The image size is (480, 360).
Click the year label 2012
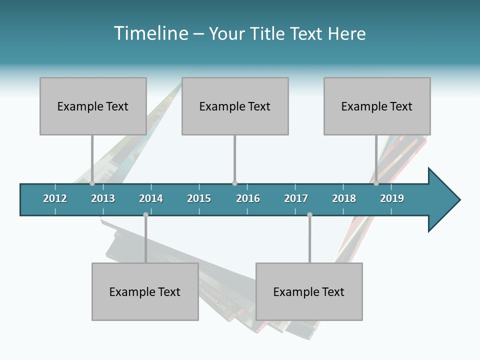point(55,198)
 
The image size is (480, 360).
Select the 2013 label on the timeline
point(103,198)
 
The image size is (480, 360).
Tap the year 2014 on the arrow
point(151,198)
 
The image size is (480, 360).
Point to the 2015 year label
point(199,198)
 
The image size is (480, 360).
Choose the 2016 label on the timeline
point(248,198)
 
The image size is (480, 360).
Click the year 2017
point(296,198)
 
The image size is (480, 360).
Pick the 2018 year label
point(344,198)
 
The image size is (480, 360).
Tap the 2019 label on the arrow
point(392,198)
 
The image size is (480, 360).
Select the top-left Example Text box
point(93,106)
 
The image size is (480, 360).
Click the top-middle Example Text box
point(235,106)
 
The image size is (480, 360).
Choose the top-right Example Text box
point(377,106)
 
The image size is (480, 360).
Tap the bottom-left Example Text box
point(145,291)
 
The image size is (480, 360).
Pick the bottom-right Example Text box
point(309,291)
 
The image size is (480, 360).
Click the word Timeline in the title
point(150,33)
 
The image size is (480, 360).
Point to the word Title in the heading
point(270,33)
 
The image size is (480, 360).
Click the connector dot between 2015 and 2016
point(234,183)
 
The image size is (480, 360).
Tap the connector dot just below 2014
point(145,215)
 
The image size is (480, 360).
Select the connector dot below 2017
point(309,215)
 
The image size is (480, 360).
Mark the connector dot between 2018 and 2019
point(376,183)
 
